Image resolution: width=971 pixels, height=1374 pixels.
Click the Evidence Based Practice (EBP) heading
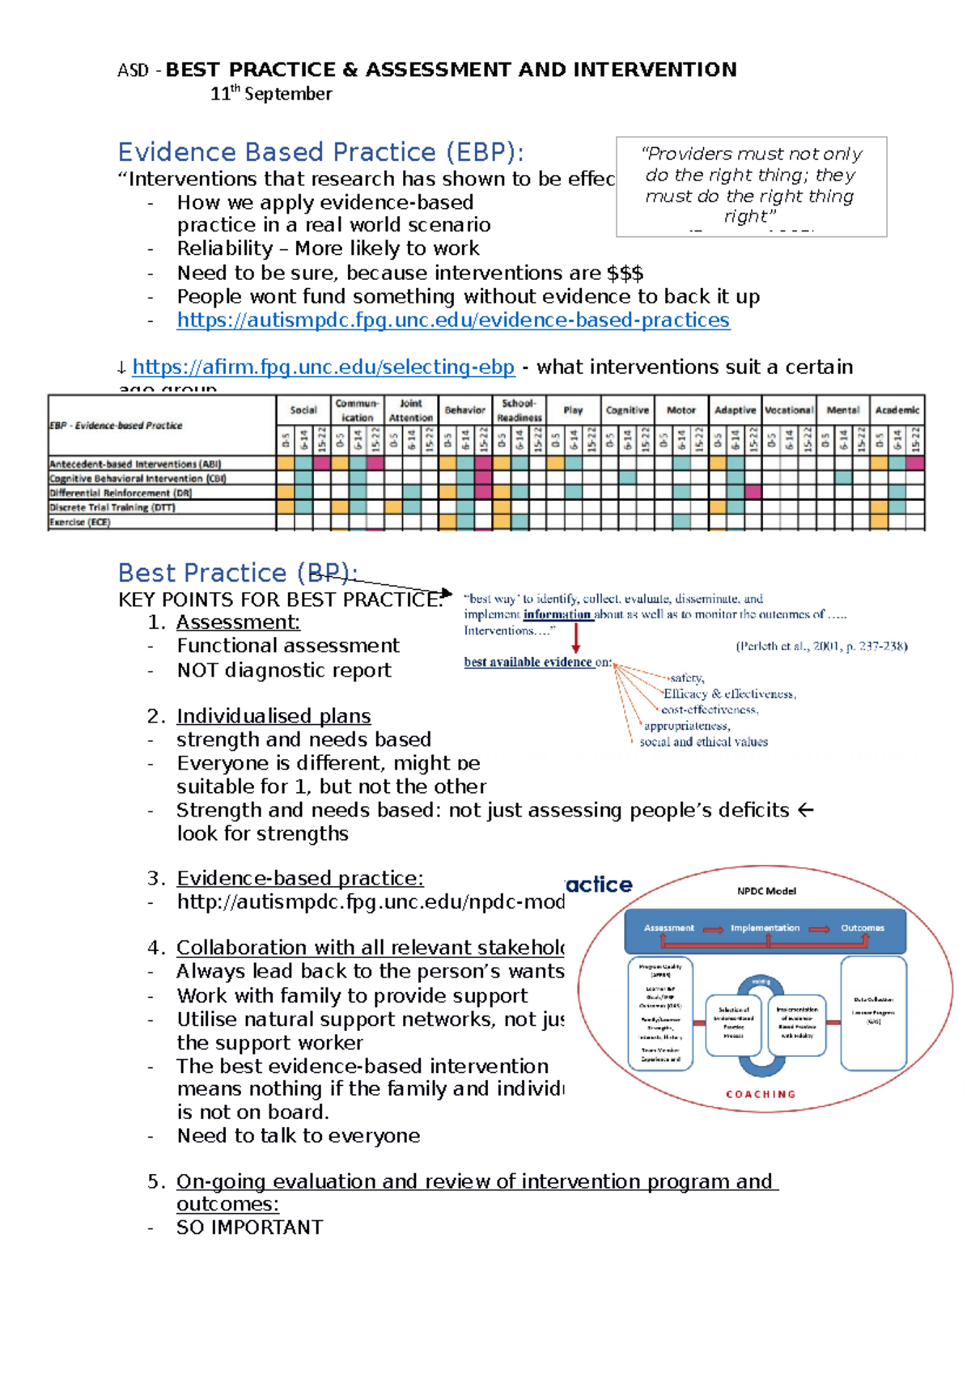tap(320, 152)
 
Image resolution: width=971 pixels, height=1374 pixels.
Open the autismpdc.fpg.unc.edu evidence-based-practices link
tap(453, 320)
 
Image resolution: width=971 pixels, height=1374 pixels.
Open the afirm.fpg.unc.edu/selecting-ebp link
tap(323, 367)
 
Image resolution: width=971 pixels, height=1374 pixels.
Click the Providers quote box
tap(751, 186)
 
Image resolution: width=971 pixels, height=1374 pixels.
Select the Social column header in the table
tap(303, 410)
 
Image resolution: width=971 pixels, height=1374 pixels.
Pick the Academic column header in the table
tap(897, 410)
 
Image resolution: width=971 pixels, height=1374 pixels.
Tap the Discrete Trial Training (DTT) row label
tap(112, 508)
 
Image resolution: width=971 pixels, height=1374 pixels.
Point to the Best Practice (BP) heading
tap(237, 573)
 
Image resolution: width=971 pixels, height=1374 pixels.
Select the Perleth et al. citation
tap(821, 647)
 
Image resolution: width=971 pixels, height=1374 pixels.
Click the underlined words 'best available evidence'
tap(528, 662)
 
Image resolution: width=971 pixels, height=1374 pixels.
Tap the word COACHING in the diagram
tap(761, 1094)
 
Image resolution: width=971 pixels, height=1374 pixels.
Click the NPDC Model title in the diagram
tap(766, 891)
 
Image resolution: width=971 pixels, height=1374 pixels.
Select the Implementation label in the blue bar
tap(765, 928)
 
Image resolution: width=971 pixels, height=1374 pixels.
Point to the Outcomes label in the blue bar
tap(862, 928)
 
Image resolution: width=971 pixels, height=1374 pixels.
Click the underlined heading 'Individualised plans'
tap(273, 716)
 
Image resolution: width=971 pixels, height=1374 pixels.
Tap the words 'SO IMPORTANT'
tap(249, 1228)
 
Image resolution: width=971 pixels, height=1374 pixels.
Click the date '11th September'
tap(271, 94)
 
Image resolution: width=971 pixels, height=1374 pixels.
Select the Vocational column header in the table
tap(788, 410)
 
